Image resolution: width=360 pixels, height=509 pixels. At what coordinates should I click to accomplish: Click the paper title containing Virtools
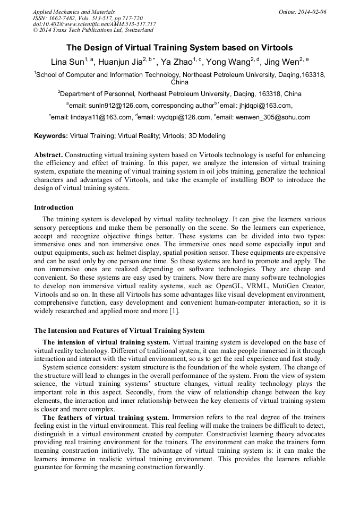180,47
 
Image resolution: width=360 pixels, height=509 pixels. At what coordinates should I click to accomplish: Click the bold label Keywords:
51,136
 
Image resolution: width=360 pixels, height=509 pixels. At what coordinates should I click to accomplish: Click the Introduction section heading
54,208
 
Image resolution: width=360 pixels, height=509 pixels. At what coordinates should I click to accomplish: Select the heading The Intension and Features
119,331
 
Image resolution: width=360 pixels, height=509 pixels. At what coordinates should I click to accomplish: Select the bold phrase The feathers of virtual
106,417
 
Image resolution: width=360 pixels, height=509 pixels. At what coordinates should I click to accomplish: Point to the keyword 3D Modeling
207,136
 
